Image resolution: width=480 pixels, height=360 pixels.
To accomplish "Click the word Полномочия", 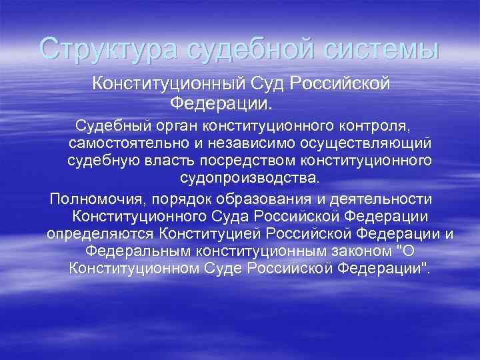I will pos(96,199).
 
